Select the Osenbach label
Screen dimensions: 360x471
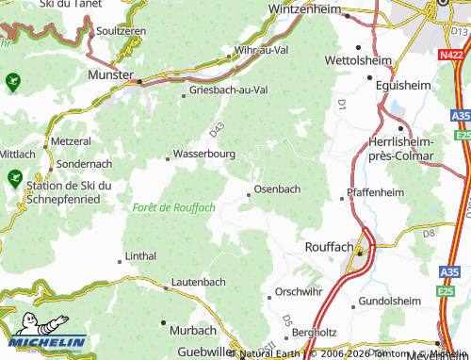[278, 188]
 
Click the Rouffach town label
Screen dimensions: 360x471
[329, 246]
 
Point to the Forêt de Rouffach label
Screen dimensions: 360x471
[175, 207]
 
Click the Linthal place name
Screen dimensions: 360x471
[141, 256]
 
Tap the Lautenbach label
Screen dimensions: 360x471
[199, 282]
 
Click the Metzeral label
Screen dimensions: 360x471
[72, 139]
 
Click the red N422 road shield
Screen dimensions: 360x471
[451, 56]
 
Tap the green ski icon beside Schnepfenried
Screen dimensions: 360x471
[14, 176]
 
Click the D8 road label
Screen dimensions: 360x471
[429, 231]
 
